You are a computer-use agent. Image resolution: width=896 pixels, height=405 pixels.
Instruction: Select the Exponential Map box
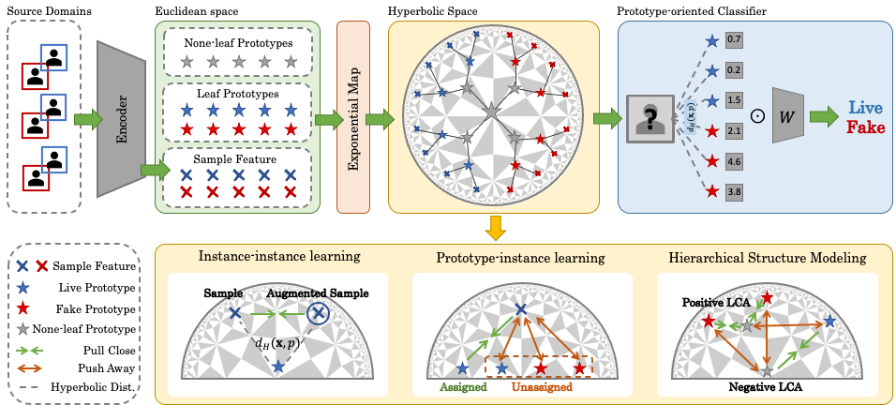click(355, 118)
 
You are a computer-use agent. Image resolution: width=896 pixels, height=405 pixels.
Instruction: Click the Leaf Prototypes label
click(239, 95)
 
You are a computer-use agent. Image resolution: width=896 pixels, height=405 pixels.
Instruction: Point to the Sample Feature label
click(239, 157)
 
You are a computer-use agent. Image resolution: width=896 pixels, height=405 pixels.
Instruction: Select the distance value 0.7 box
click(735, 40)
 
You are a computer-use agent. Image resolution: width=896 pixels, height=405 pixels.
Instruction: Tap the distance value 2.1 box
click(735, 131)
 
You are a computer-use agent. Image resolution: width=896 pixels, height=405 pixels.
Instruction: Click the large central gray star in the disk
click(489, 112)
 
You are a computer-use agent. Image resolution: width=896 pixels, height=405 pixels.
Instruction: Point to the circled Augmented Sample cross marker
click(319, 312)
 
